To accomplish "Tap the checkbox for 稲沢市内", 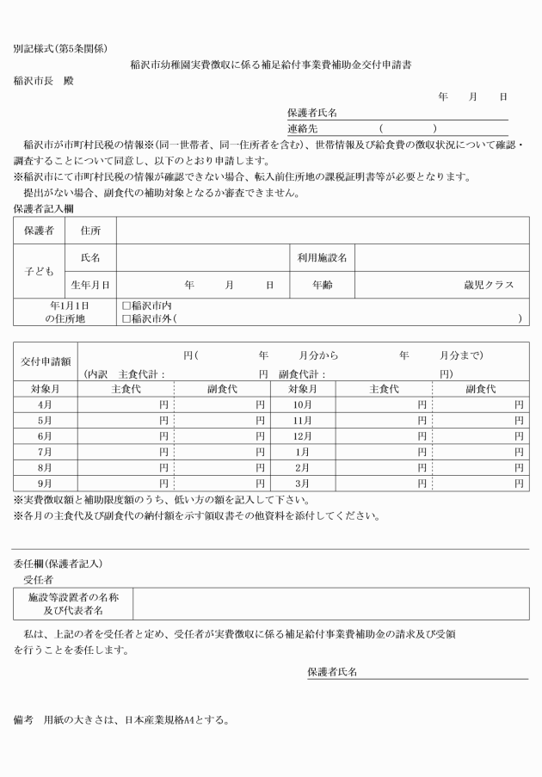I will (126, 305).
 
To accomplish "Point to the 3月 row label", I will (302, 484).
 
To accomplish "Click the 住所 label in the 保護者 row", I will (91, 231).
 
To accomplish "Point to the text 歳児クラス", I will (489, 284).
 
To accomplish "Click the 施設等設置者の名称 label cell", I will (74, 598).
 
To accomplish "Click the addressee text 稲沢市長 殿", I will (44, 81).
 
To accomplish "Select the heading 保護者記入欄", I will (43, 208).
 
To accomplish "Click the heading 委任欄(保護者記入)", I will (57, 564).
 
